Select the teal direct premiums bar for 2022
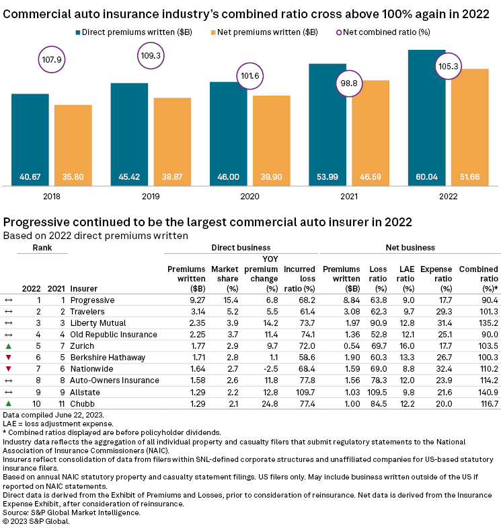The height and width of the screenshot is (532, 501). click(426, 114)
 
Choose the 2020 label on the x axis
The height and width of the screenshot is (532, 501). click(249, 197)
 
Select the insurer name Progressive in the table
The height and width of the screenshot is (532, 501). click(92, 300)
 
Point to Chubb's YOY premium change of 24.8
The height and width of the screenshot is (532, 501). click(259, 403)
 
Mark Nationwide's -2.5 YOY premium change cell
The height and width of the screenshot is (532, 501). click(258, 368)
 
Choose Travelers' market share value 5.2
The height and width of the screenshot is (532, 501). click(225, 311)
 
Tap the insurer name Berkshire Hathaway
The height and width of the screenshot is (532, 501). click(104, 357)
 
